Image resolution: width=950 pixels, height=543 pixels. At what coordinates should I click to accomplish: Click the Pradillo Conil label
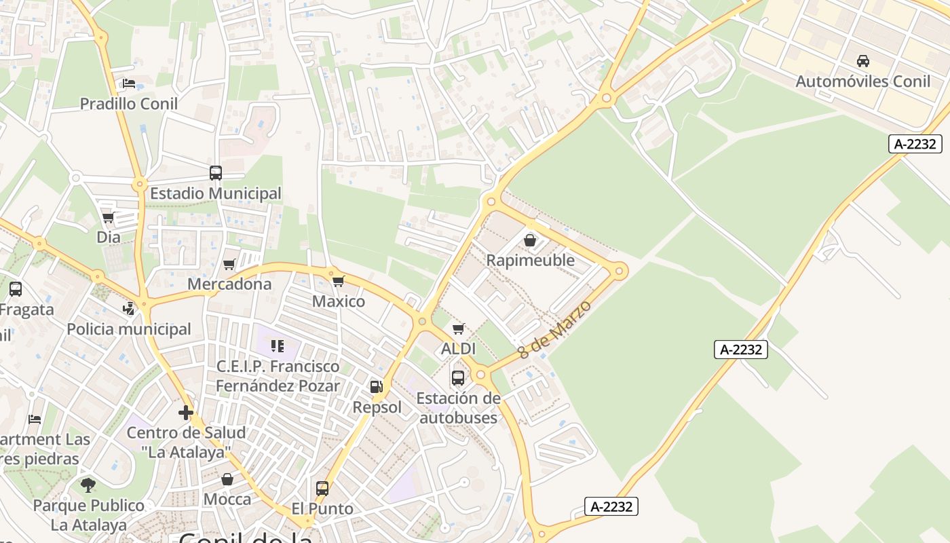click(x=129, y=104)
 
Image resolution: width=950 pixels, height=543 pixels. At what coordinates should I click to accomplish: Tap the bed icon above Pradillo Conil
click(x=129, y=83)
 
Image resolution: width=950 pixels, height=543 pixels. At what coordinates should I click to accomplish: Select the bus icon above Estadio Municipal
click(x=216, y=172)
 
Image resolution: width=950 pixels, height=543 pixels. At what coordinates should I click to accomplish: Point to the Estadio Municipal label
click(x=215, y=193)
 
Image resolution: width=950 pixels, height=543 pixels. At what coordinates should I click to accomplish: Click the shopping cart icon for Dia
click(x=108, y=217)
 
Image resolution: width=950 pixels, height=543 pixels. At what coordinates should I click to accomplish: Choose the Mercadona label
click(x=229, y=284)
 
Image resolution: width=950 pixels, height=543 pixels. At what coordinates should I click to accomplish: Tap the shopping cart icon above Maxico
click(x=338, y=281)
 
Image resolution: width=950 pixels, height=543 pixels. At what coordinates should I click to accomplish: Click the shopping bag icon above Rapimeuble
click(x=530, y=240)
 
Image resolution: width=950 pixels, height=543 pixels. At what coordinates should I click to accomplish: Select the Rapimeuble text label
click(x=530, y=261)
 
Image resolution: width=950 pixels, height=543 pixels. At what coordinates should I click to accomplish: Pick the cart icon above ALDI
click(x=458, y=329)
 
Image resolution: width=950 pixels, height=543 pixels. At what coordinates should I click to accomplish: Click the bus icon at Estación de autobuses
click(x=458, y=377)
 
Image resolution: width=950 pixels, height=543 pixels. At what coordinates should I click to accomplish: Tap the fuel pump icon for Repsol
click(x=376, y=387)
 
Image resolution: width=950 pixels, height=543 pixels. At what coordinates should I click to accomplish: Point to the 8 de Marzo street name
click(x=554, y=329)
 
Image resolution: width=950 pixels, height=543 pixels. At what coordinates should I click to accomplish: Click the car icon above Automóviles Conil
click(x=863, y=61)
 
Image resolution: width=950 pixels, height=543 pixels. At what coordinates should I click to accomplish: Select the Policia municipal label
click(x=129, y=329)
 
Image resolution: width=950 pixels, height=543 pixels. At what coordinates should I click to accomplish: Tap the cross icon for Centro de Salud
click(x=186, y=413)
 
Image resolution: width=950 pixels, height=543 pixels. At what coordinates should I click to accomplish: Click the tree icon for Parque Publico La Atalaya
click(x=88, y=485)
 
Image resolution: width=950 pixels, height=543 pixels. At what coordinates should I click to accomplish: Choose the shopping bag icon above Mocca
click(x=227, y=479)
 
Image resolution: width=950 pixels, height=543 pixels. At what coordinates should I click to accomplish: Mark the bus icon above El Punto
click(x=322, y=488)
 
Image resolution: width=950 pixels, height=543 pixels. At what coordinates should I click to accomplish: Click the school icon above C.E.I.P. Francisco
click(x=277, y=346)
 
